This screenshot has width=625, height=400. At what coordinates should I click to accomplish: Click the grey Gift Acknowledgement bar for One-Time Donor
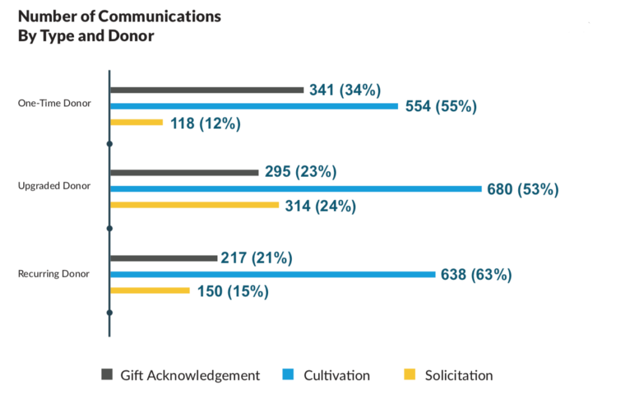coord(206,90)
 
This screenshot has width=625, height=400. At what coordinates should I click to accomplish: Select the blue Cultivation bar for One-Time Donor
coord(253,106)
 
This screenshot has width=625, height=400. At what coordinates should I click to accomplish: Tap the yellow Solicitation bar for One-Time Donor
coord(136,122)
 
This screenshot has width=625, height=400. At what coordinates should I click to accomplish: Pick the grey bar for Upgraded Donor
coord(184,172)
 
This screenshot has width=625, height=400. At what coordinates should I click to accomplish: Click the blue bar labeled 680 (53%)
coord(295,189)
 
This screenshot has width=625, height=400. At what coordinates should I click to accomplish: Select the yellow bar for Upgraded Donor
coord(194,205)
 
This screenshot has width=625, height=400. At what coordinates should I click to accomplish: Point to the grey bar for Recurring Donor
coord(163,258)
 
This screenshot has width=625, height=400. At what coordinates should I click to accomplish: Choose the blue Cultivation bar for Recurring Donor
coord(272,274)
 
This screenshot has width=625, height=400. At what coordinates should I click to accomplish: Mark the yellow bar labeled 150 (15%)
coord(150,291)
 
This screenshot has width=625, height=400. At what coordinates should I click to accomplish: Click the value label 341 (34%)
coord(345,90)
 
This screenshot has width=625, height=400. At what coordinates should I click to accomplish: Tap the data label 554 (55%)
coord(440,106)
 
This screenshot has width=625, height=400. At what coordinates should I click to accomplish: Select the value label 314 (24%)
coord(320,206)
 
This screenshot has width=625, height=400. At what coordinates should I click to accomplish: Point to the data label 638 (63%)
coord(476,275)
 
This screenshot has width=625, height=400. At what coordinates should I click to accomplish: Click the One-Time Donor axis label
coord(54,103)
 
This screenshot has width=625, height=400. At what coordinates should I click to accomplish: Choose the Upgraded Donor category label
coord(54,186)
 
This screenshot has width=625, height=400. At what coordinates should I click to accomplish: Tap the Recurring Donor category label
coord(54,274)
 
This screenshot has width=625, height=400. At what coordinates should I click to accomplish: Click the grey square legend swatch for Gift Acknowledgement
coord(107,374)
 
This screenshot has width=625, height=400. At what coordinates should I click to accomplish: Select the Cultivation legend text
coord(336,375)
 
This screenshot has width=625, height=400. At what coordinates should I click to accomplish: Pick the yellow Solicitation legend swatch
coord(411,374)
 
